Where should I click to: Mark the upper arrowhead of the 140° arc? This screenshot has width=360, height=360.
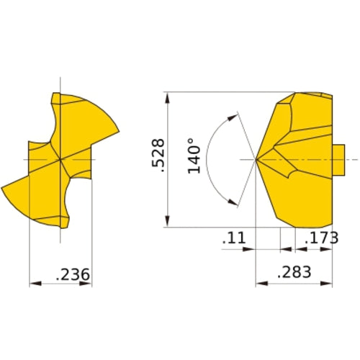(x=234, y=116)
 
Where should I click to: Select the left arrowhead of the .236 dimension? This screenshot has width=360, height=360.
(x=33, y=284)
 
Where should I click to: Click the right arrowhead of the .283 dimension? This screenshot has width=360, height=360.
(x=332, y=283)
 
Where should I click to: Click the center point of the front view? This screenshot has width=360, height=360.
(x=60, y=158)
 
